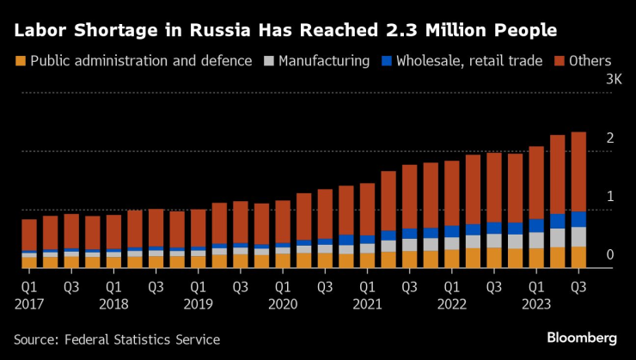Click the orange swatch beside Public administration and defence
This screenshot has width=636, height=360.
(x=20, y=62)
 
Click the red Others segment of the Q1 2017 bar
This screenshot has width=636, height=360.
(x=29, y=235)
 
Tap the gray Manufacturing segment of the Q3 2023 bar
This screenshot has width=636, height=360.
(x=578, y=236)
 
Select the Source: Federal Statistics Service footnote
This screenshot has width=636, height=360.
(x=117, y=340)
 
